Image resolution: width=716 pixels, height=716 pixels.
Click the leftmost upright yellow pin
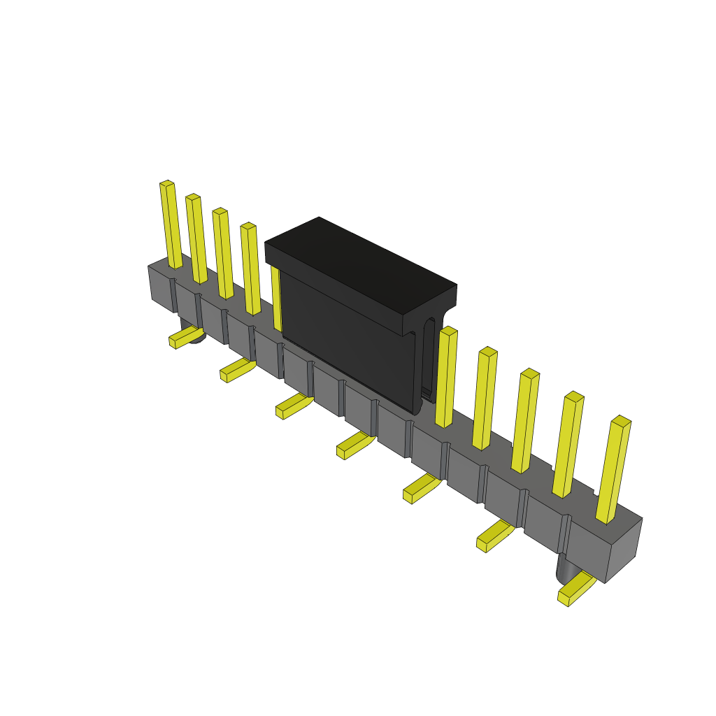171,225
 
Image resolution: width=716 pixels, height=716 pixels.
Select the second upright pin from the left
196,239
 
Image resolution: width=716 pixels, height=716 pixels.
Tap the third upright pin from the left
223,254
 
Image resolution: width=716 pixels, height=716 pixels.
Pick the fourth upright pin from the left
251,269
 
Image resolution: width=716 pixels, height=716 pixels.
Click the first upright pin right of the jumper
446,378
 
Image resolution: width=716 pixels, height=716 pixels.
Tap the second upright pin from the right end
568,445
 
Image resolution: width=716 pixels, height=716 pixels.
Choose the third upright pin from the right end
526,421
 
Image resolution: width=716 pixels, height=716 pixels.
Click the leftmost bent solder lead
185,337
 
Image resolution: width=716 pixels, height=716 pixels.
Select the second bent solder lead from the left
237,370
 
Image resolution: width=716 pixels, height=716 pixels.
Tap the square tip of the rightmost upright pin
621,421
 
